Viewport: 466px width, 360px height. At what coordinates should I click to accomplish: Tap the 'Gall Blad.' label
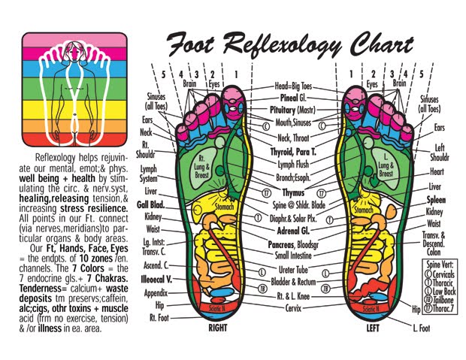(x=152, y=204)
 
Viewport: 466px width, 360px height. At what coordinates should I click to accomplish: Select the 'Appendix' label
(x=156, y=293)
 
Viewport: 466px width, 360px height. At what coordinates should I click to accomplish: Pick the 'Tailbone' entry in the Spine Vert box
(x=444, y=300)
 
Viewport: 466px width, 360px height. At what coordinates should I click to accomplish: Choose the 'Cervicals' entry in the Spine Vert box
(x=444, y=274)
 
